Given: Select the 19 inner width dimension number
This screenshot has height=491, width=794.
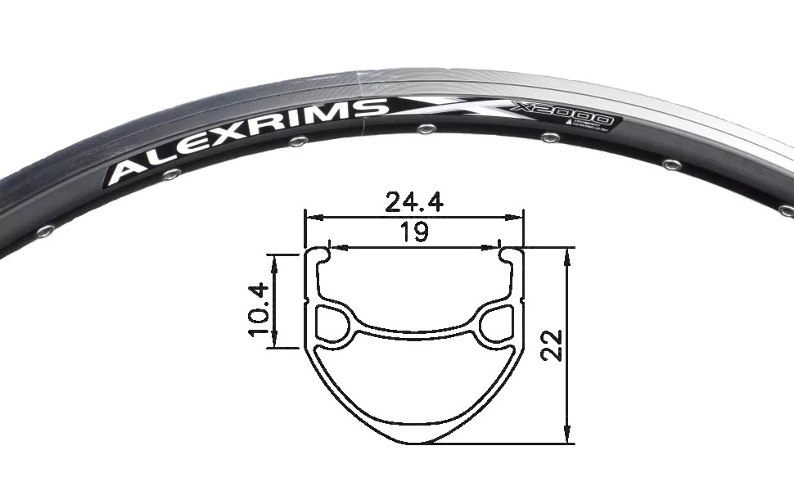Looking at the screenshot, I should pos(414,232).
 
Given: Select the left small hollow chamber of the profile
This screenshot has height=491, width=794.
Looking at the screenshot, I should pos(331,323).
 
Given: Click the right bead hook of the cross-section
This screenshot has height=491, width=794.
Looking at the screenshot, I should pos(506,256).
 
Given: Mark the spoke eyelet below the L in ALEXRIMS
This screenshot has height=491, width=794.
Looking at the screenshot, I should pos(170,174).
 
